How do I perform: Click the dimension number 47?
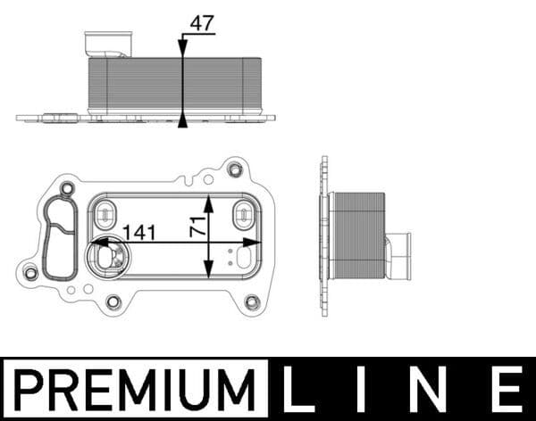click(202, 23)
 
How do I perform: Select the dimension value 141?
click(138, 232)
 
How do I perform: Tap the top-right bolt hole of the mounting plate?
click(235, 169)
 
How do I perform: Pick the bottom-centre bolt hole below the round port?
click(113, 301)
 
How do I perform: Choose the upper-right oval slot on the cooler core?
click(242, 214)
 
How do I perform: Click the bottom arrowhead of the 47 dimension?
click(182, 121)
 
